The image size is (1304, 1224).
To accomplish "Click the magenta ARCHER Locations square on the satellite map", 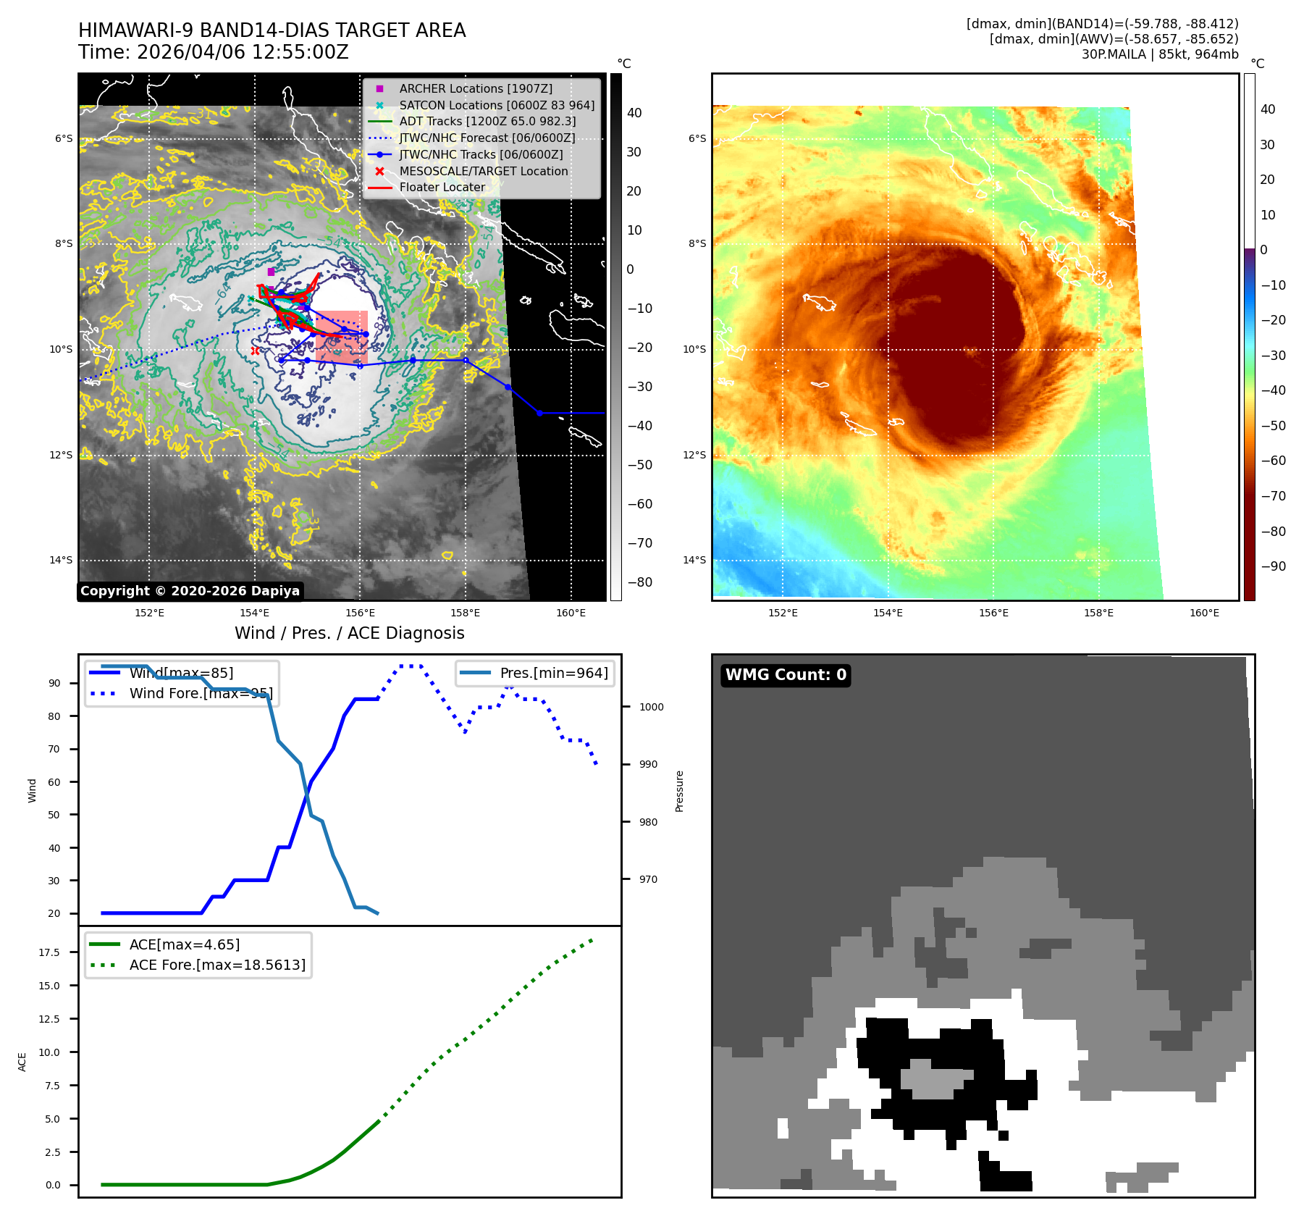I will point(271,272).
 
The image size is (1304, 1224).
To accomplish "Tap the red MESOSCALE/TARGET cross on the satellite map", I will point(255,351).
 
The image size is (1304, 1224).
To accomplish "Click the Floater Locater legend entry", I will point(442,187).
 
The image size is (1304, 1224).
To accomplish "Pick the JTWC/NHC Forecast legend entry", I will point(487,138).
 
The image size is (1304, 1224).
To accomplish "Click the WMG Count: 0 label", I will point(786,675).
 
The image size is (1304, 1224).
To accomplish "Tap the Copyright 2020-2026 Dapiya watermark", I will point(190,591).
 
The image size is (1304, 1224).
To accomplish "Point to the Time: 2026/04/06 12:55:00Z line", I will point(214,53).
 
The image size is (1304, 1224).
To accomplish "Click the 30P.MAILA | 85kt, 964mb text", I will point(1160,54).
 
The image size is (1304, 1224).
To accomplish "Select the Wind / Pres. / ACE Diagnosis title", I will point(350,633).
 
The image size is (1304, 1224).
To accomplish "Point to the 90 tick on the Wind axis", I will point(54,683).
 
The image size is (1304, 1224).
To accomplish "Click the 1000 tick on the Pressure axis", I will point(651,707).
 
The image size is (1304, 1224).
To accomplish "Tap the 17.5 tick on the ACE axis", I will point(49,952).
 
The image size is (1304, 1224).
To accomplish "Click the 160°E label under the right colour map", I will point(1204,613).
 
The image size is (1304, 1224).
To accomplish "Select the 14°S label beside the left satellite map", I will point(61,560).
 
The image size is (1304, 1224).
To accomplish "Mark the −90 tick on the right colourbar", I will point(1273,566).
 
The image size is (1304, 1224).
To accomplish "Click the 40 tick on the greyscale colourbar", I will point(634,113).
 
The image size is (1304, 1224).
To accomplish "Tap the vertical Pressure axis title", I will point(679,791).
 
